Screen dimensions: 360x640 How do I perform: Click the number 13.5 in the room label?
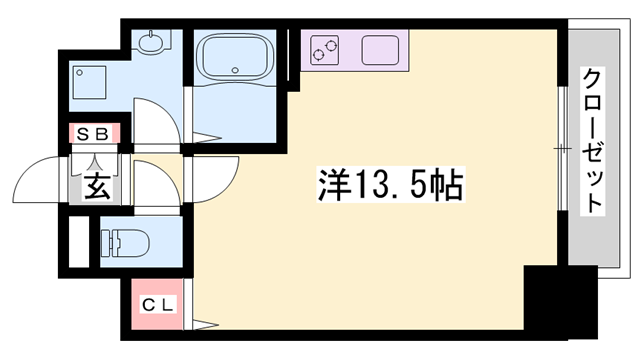coord(393,183)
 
